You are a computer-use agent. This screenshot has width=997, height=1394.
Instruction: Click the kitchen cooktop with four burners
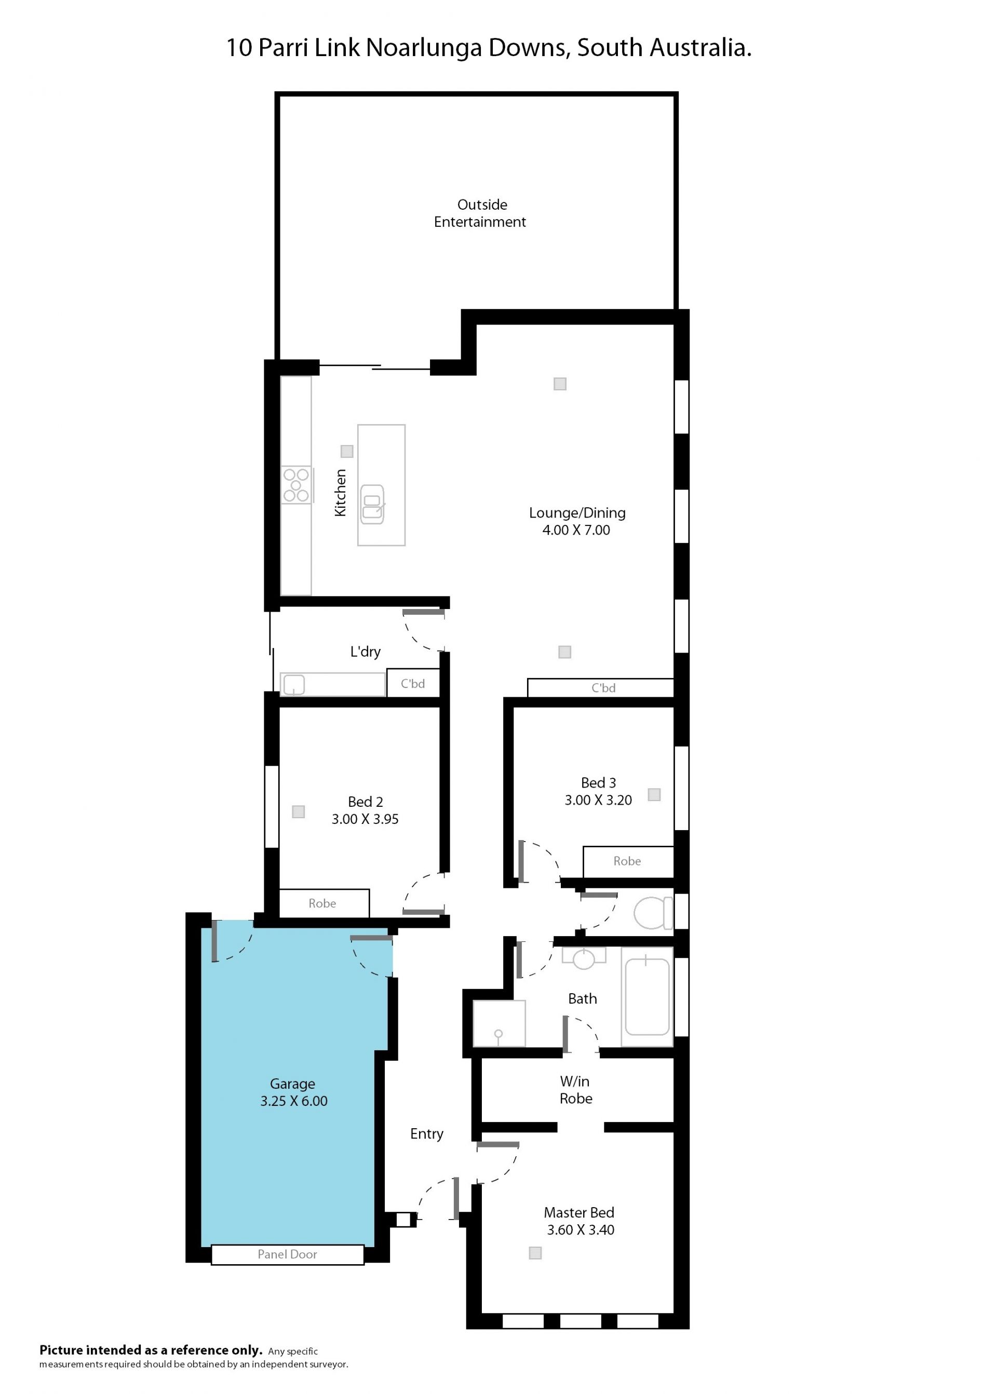click(297, 485)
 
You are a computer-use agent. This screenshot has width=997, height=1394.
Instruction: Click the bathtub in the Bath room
click(647, 997)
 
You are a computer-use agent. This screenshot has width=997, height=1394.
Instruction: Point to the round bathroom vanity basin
click(584, 958)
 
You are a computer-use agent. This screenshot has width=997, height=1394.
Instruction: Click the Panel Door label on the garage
click(287, 1254)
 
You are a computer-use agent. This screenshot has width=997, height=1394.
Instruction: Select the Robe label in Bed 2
click(322, 903)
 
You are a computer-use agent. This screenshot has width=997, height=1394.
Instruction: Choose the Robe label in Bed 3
click(627, 861)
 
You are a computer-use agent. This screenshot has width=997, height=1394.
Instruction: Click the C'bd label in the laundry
click(412, 683)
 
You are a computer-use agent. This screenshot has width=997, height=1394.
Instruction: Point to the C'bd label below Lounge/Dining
click(603, 687)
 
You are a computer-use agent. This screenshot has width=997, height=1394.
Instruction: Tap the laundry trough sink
click(293, 684)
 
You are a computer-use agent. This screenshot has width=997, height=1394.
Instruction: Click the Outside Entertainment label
click(480, 213)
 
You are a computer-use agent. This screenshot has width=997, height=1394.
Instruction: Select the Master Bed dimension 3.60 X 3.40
click(580, 1229)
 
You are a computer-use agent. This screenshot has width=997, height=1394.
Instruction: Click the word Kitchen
click(340, 492)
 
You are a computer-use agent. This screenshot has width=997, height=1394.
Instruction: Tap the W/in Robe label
click(576, 1090)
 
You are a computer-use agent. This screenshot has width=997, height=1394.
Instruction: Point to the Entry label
click(427, 1134)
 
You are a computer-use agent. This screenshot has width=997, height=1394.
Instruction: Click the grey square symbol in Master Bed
click(535, 1253)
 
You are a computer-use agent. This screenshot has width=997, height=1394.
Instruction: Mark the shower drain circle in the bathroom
click(498, 1034)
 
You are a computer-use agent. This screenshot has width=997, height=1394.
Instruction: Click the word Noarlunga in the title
click(424, 48)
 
